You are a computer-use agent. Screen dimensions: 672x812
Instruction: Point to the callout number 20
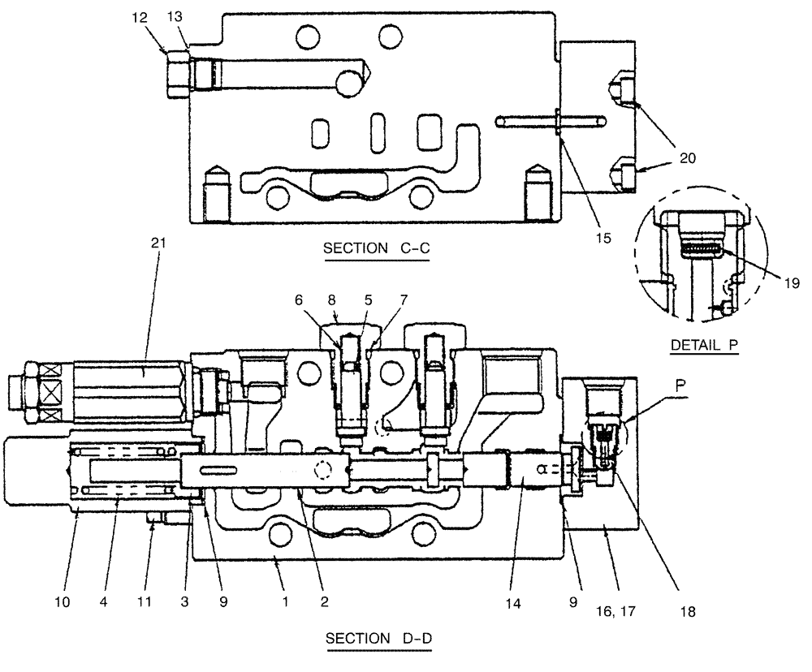pos(687,158)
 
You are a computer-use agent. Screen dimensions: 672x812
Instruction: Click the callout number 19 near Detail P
pos(793,283)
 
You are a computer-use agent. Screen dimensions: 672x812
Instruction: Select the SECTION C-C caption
pos(376,248)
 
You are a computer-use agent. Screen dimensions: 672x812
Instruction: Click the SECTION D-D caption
pos(378,639)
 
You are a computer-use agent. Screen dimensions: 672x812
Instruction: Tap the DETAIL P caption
pos(705,345)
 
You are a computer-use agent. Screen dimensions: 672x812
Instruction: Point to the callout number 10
pos(63,602)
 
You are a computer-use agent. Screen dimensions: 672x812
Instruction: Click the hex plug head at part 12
pos(178,73)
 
